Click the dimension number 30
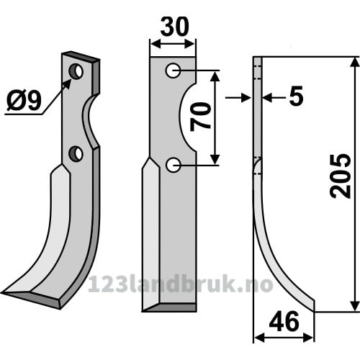175,27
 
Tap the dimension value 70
200,117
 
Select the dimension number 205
341,176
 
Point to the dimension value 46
284,321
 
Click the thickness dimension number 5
297,96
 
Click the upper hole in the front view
173,71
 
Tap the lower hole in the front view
173,165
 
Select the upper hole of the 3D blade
76,71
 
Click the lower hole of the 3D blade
76,153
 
